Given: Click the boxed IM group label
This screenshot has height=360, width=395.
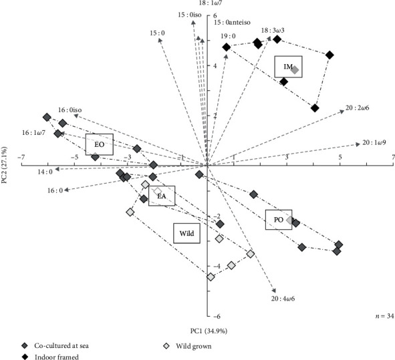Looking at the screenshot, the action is (x=288, y=67).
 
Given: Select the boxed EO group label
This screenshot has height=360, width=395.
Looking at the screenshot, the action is (x=100, y=144).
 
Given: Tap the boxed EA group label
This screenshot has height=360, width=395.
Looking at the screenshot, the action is (x=162, y=196).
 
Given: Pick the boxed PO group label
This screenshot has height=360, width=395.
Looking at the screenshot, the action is (x=279, y=220).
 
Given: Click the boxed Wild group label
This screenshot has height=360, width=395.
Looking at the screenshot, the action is (x=186, y=233).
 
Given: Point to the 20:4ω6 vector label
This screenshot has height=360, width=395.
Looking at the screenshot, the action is (x=283, y=299).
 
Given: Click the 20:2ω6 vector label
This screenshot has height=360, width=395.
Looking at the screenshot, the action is (x=357, y=108).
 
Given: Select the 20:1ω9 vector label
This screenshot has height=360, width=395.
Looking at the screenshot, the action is (x=374, y=142).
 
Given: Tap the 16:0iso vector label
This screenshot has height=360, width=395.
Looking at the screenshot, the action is (x=70, y=110).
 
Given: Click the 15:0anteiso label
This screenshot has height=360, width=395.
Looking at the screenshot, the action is (x=233, y=23).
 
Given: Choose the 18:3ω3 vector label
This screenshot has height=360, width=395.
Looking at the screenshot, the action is (x=273, y=31).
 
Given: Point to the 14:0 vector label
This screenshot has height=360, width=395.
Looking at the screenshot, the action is (x=45, y=172).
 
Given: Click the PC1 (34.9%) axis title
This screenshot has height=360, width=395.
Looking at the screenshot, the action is (x=209, y=331).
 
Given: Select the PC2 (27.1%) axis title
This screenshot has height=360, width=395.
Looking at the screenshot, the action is (x=4, y=165).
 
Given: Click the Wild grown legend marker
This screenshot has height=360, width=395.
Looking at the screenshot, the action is (x=166, y=346).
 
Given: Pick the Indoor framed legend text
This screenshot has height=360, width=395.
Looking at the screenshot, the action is (x=57, y=357).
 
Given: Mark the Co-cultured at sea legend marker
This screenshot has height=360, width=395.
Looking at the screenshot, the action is (x=25, y=346).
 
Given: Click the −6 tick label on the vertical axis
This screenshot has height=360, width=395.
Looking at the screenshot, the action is (x=217, y=316).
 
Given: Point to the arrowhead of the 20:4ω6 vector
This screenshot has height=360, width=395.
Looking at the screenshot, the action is (x=274, y=291).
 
